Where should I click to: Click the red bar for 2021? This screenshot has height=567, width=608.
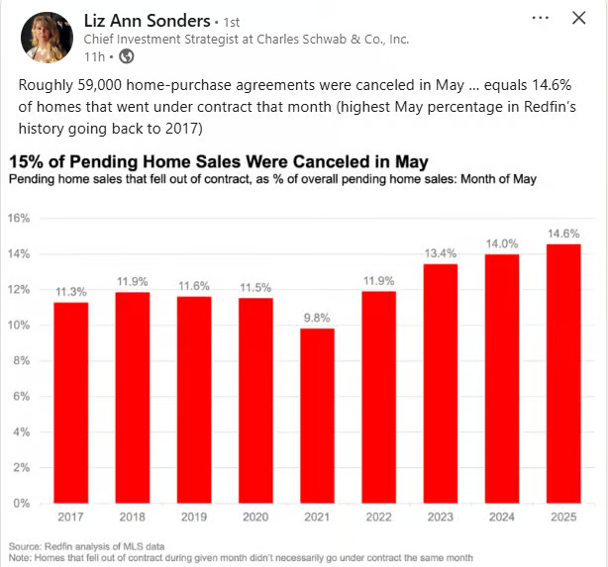(317, 416)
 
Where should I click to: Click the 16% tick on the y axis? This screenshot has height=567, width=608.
(20, 218)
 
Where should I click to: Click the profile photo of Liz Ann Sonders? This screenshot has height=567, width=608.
(46, 38)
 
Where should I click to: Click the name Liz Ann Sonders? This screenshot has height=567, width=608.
(147, 20)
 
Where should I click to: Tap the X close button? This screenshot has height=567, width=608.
(579, 18)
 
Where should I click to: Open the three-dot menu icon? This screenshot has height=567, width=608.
(540, 18)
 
